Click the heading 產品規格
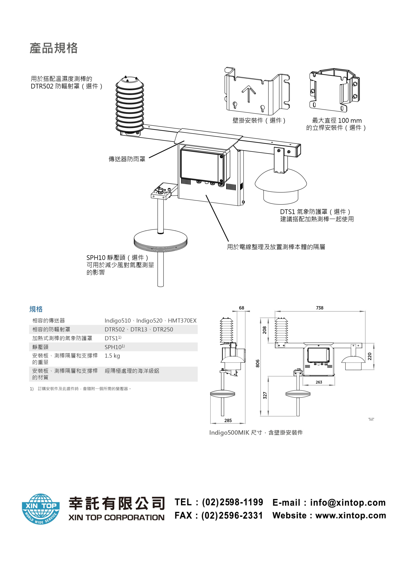pyautogui.click(x=54, y=48)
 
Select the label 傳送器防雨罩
pyautogui.click(x=127, y=159)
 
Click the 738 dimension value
pyautogui.click(x=320, y=308)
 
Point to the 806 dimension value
pyautogui.click(x=258, y=363)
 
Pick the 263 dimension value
pyautogui.click(x=319, y=382)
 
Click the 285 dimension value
pyautogui.click(x=228, y=420)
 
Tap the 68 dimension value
pyautogui.click(x=241, y=308)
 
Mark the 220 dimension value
pyautogui.click(x=370, y=356)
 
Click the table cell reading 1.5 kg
pyautogui.click(x=112, y=356)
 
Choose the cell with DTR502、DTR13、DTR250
pyautogui.click(x=139, y=329)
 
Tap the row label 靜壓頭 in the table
pyautogui.click(x=40, y=347)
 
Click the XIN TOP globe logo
pyautogui.click(x=41, y=509)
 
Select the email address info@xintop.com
pyautogui.click(x=348, y=503)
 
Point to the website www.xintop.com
pyautogui.click(x=351, y=515)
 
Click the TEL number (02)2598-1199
pyautogui.click(x=233, y=502)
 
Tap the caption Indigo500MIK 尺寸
pyautogui.click(x=236, y=433)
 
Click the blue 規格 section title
pyautogui.click(x=36, y=309)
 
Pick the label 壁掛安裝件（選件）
pyautogui.click(x=259, y=120)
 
